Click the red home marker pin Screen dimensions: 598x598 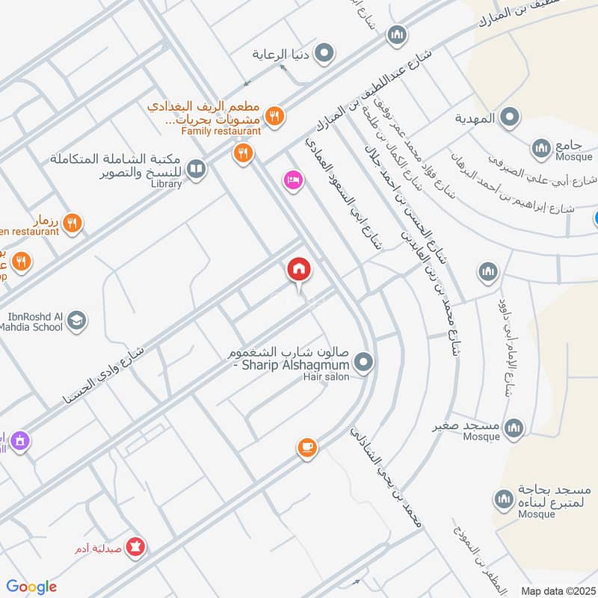coord(299,270)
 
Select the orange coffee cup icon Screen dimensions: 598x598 coord(306,447)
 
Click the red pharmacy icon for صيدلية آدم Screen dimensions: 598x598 coord(136,547)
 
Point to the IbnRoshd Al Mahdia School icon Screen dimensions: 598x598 coord(76,321)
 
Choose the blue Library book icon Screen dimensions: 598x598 coord(196,170)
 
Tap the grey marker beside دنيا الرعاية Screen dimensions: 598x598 coord(324,53)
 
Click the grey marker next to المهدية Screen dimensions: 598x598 coord(510,117)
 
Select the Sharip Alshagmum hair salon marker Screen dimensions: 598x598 coord(364,363)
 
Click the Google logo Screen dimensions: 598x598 coord(31,587)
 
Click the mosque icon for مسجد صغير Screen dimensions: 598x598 coord(513,428)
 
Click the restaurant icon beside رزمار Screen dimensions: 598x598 coord(73,222)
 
